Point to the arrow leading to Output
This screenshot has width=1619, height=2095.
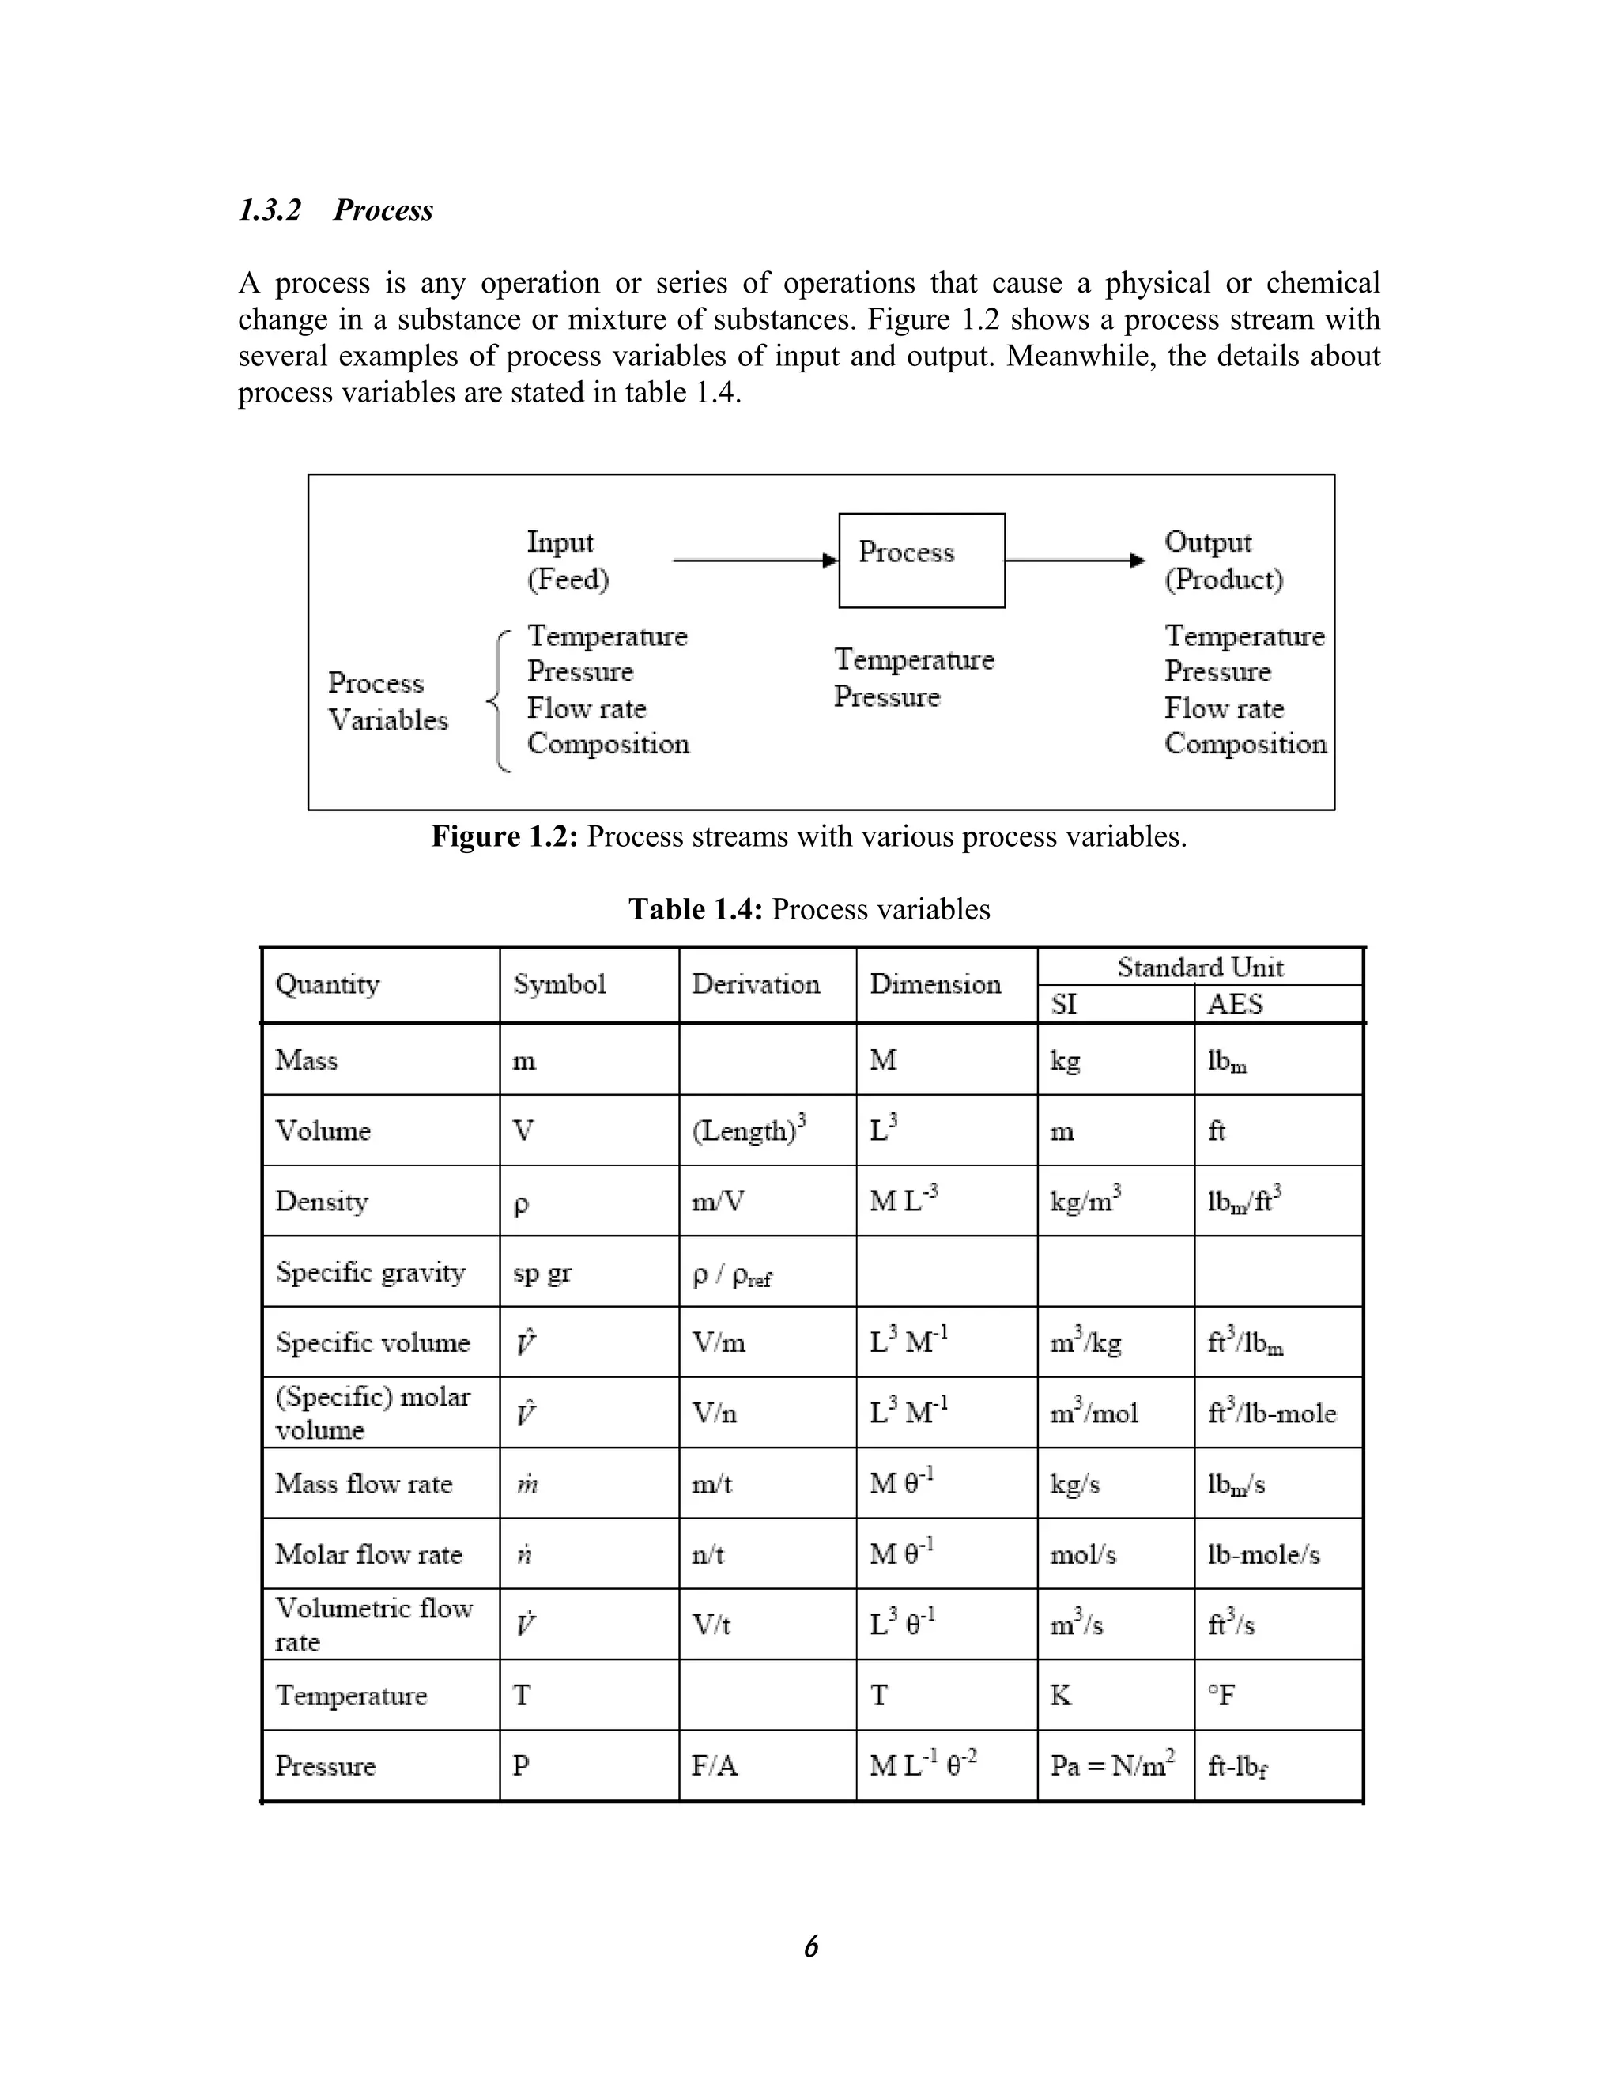click(x=1074, y=561)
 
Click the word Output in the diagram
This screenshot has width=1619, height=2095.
click(x=1208, y=542)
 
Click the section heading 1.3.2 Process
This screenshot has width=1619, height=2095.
click(x=336, y=210)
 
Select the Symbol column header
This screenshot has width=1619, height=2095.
click(x=559, y=984)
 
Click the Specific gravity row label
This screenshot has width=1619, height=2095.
click(x=370, y=1272)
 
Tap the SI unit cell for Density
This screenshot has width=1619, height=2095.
click(x=1085, y=1201)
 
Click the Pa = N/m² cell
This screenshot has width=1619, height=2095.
click(x=1112, y=1765)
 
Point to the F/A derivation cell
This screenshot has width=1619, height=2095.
click(x=715, y=1766)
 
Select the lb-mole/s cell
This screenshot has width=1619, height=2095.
click(x=1262, y=1554)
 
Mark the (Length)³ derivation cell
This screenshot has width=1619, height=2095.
click(x=748, y=1130)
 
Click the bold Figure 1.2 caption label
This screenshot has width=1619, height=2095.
click(x=504, y=836)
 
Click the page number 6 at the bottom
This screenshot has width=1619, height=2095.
click(x=810, y=1946)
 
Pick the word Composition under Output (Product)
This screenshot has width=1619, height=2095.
click(x=1245, y=745)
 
